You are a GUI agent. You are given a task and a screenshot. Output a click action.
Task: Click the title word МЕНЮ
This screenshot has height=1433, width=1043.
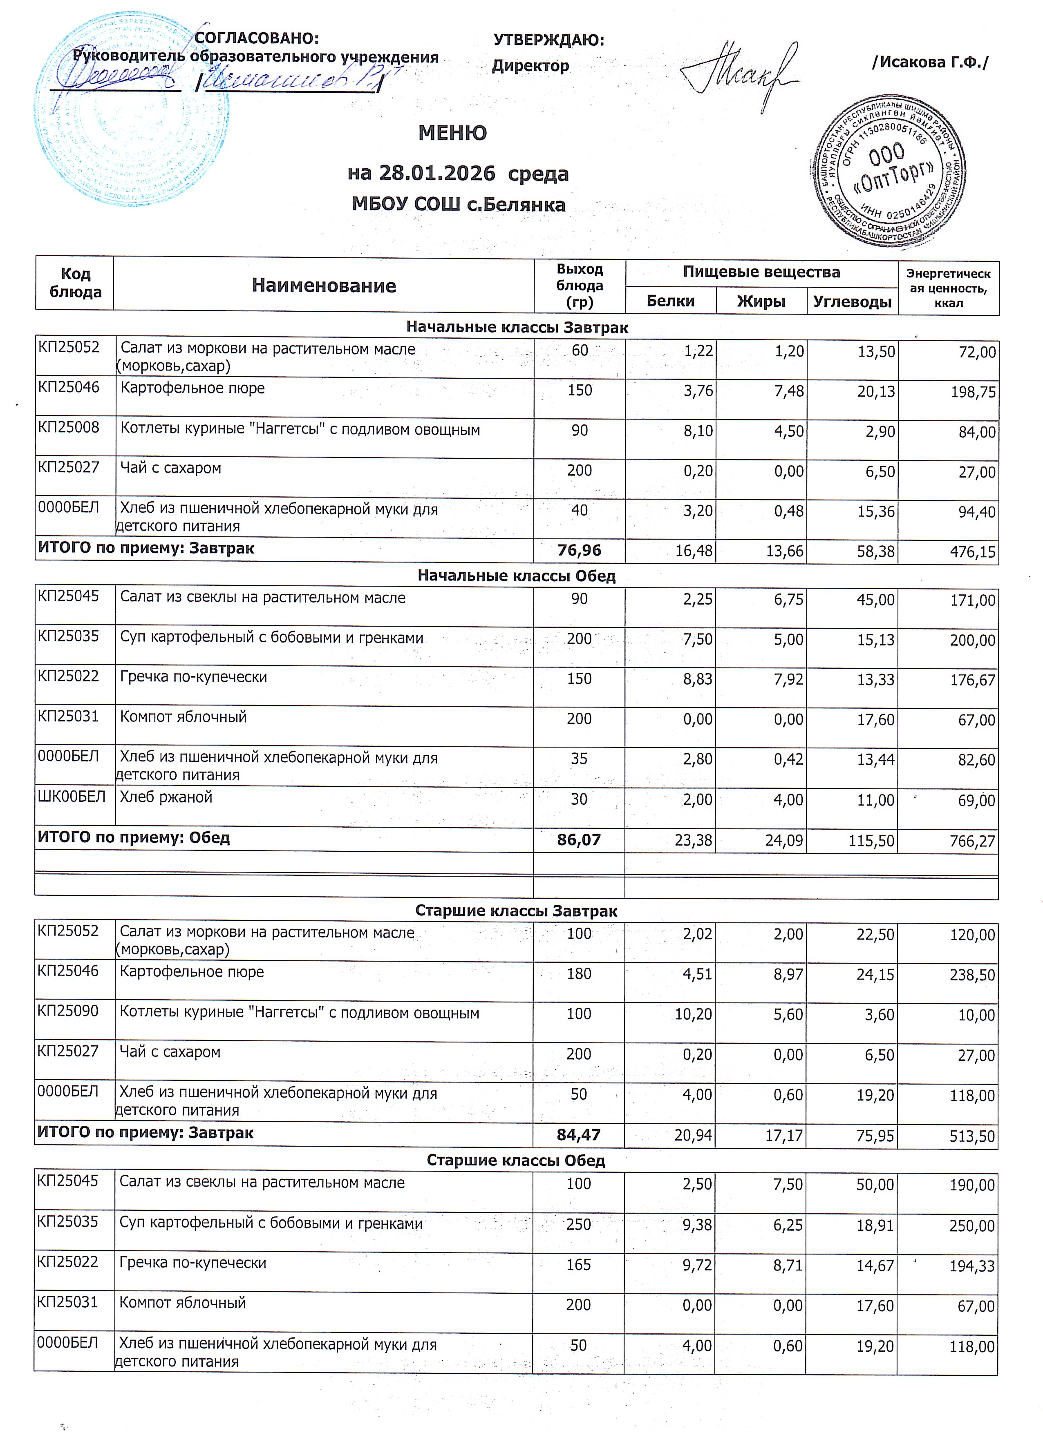click(452, 133)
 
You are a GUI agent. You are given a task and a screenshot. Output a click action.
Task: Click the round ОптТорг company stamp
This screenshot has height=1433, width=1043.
click(888, 172)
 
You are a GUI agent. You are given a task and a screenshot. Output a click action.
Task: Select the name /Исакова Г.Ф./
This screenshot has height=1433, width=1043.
click(930, 62)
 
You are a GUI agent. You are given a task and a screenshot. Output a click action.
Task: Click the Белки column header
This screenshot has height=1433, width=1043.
click(671, 301)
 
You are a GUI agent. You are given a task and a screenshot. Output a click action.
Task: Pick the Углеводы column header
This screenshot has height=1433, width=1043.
click(852, 302)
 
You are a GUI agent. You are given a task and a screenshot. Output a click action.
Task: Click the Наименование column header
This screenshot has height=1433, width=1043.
click(324, 286)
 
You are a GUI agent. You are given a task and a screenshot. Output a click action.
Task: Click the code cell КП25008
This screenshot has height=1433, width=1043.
click(69, 427)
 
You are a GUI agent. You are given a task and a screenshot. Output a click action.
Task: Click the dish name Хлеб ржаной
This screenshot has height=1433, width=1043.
click(166, 797)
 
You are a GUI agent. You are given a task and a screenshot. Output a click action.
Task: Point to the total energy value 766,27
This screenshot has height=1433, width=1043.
click(972, 841)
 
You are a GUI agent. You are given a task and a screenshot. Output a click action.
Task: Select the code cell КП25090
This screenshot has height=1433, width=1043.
click(68, 1011)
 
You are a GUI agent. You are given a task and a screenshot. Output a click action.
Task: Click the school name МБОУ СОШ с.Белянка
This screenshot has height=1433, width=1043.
click(458, 205)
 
